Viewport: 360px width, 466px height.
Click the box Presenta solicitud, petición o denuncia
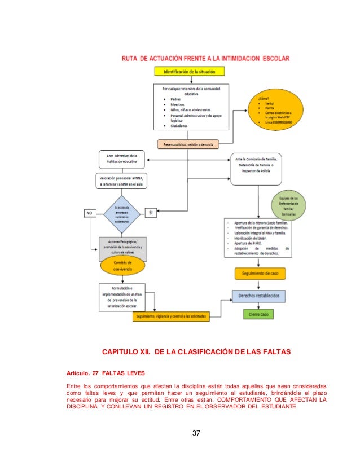pyautogui.click(x=188, y=145)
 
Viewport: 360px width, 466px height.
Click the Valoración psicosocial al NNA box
pyautogui.click(x=122, y=181)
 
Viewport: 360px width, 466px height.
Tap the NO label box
pyautogui.click(x=89, y=213)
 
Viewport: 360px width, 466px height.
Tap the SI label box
pyautogui.click(x=151, y=212)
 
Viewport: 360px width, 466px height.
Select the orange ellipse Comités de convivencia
pyautogui.click(x=122, y=266)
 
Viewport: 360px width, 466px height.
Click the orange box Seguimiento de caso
pyautogui.click(x=260, y=273)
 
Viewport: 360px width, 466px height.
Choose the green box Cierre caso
pyautogui.click(x=260, y=314)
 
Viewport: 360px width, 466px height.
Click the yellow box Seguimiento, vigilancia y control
pyautogui.click(x=172, y=316)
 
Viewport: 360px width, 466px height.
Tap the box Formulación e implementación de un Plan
pyautogui.click(x=122, y=296)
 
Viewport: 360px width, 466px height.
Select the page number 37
pyautogui.click(x=197, y=433)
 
